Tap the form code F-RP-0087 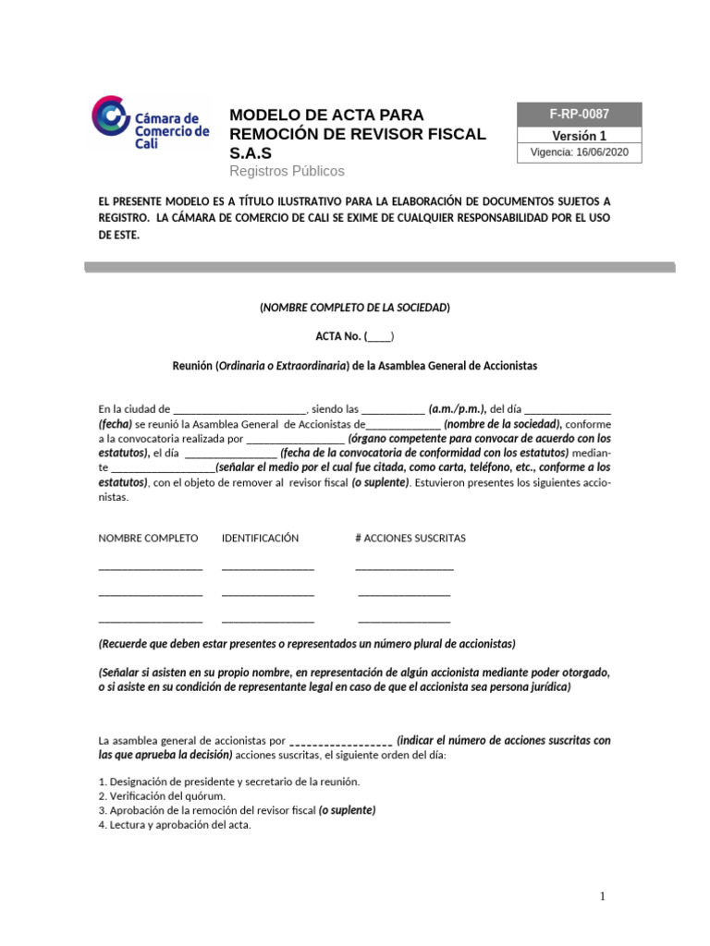click(x=580, y=115)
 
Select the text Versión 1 click(x=580, y=135)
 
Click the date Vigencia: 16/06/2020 click(x=580, y=153)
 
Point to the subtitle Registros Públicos click(x=287, y=171)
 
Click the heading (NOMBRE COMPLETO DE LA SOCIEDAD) click(x=355, y=307)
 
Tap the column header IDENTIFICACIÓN click(x=260, y=538)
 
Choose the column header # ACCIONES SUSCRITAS click(x=410, y=538)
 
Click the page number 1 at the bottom click(x=602, y=896)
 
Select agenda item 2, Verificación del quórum click(x=162, y=795)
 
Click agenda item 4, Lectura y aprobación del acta click(x=175, y=825)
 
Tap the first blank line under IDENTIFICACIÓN click(x=267, y=567)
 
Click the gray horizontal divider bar click(x=379, y=267)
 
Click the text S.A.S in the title click(x=251, y=152)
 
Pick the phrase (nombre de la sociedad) click(x=502, y=423)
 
